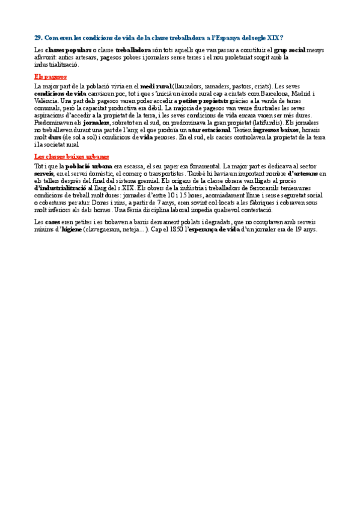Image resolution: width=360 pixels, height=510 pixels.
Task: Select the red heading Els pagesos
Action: [50, 77]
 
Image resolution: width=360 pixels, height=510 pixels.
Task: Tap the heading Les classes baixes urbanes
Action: [72, 156]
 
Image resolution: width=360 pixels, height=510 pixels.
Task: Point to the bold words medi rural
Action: [156, 86]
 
